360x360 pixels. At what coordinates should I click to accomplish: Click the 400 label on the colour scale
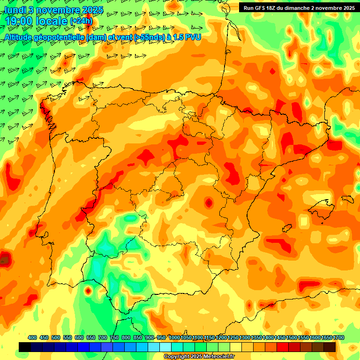point(32,337)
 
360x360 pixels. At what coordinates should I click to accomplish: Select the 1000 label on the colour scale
point(174,337)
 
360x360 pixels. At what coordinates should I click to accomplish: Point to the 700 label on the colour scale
point(102,337)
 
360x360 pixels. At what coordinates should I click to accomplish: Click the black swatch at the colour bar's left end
point(25,347)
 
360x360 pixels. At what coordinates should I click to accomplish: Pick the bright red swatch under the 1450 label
point(283,347)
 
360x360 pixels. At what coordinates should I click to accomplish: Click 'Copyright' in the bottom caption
point(177,357)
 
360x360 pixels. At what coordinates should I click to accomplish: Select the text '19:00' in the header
point(20,21)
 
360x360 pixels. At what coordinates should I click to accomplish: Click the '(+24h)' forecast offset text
point(81,21)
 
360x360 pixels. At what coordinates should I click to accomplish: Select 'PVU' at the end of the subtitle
point(193,37)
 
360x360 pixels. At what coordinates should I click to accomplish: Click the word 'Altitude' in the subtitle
point(22,37)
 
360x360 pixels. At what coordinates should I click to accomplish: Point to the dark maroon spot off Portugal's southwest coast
point(4,259)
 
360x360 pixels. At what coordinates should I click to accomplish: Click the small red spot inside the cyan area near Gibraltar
point(88,291)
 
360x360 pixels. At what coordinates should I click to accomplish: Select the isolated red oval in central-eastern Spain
point(208,202)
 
